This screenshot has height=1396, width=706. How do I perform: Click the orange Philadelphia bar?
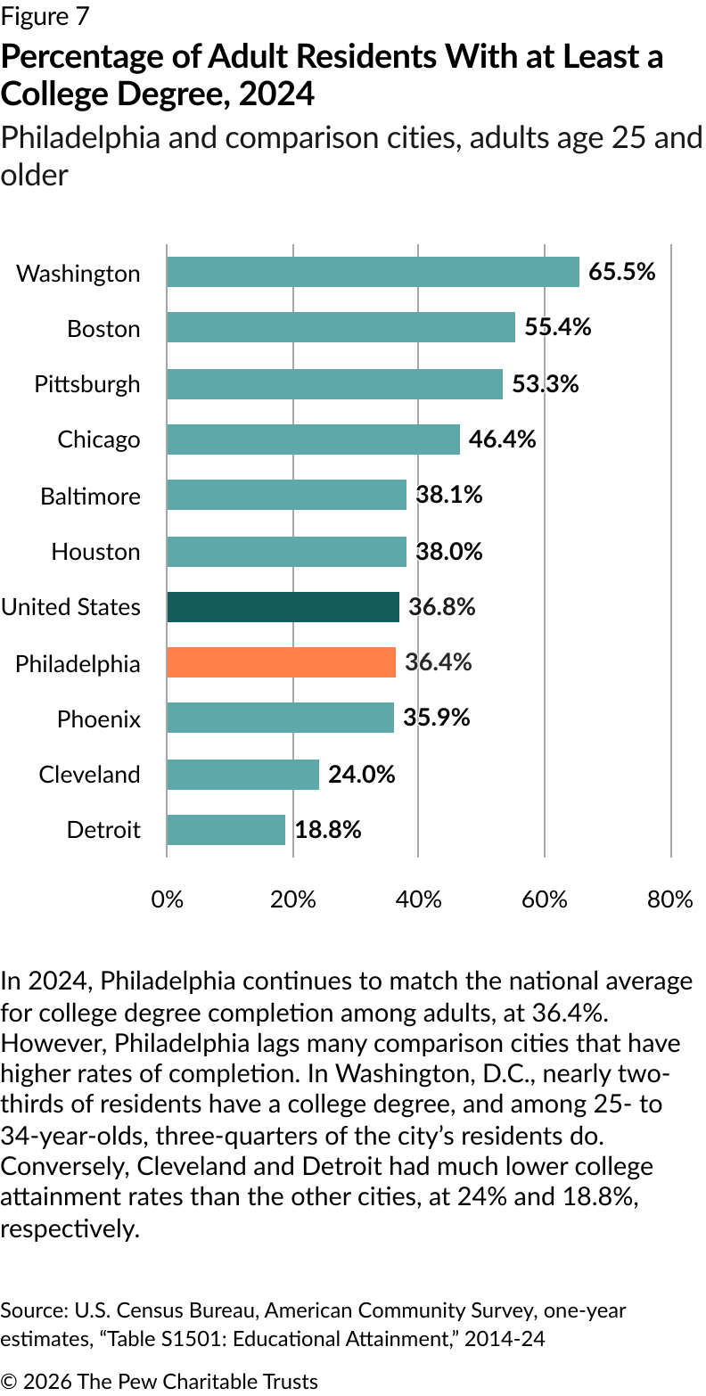click(x=281, y=662)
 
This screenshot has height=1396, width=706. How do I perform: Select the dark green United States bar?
click(x=283, y=607)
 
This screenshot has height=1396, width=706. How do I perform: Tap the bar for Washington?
click(x=373, y=272)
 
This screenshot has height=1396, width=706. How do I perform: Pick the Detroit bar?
click(x=226, y=830)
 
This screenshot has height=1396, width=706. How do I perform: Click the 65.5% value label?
click(x=622, y=271)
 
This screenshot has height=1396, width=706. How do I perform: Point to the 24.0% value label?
click(x=361, y=774)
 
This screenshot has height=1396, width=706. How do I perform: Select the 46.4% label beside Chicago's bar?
click(x=502, y=439)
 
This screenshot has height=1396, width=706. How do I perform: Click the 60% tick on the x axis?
click(x=545, y=899)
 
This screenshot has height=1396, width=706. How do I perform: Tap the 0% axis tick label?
click(x=167, y=899)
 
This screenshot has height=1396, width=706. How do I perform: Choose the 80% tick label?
click(x=670, y=899)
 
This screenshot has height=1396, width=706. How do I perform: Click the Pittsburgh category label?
click(x=87, y=384)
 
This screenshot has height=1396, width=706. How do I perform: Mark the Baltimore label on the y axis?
click(x=90, y=496)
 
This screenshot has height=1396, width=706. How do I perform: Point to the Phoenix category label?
click(x=99, y=719)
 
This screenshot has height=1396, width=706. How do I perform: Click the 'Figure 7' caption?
click(x=45, y=16)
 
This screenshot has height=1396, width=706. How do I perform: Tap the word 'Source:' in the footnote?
click(x=29, y=1310)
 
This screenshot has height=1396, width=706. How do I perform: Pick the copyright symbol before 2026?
click(x=8, y=1382)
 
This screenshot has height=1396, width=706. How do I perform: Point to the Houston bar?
click(x=286, y=551)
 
